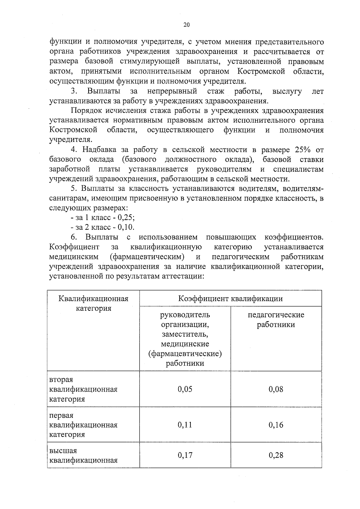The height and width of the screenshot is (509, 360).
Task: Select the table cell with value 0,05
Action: click(x=185, y=389)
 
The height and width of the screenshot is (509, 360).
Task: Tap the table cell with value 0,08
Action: click(x=276, y=389)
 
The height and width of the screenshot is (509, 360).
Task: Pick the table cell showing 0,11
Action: click(x=185, y=425)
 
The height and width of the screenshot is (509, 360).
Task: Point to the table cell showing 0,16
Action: click(x=276, y=425)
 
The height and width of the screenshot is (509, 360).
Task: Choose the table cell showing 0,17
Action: click(x=185, y=455)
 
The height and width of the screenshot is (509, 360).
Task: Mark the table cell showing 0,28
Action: click(x=276, y=455)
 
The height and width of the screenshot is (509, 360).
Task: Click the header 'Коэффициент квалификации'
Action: click(x=230, y=299)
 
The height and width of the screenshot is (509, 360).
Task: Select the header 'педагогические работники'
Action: click(x=276, y=320)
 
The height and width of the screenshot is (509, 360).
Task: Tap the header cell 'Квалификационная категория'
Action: click(x=93, y=304)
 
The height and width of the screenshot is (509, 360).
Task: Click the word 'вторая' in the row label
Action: click(x=61, y=379)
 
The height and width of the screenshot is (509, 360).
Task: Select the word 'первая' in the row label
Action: click(x=61, y=415)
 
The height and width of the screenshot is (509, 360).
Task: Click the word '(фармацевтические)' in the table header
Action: click(x=185, y=354)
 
